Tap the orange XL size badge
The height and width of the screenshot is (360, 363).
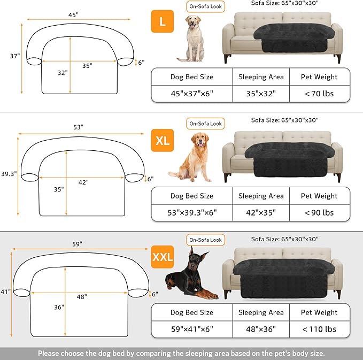[x=163, y=141]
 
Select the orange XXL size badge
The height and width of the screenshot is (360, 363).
[x=163, y=257]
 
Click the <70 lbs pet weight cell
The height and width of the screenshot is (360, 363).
[x=320, y=94]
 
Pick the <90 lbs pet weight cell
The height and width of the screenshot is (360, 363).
[x=320, y=212]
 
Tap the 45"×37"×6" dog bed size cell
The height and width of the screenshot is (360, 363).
[x=191, y=94]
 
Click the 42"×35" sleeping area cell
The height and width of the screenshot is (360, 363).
[x=260, y=212]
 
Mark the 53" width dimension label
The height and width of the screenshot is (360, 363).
[x=79, y=127]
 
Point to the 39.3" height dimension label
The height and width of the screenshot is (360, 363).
[x=8, y=174]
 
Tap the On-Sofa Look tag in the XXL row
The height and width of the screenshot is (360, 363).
[x=206, y=240]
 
